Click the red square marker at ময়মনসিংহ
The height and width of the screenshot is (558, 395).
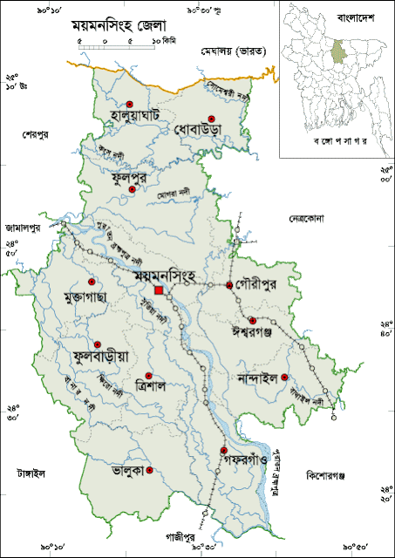[159, 291]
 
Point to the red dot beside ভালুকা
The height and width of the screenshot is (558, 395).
[150, 471]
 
